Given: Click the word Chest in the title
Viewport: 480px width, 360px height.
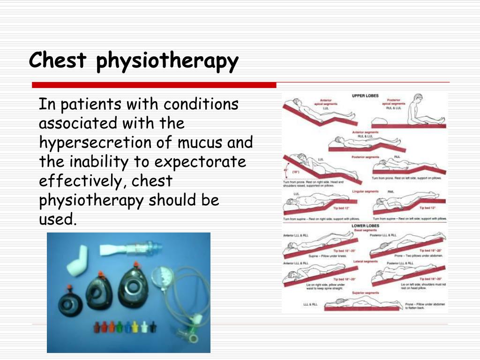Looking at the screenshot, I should coord(58,61).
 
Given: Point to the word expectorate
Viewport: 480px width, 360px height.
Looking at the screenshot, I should coord(200,162).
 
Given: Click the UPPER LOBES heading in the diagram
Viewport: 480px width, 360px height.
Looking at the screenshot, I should coord(365,96).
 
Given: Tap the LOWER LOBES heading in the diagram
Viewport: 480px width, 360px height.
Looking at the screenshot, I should coord(365,225).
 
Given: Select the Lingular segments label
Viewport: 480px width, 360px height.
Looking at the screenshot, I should coord(365,191).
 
